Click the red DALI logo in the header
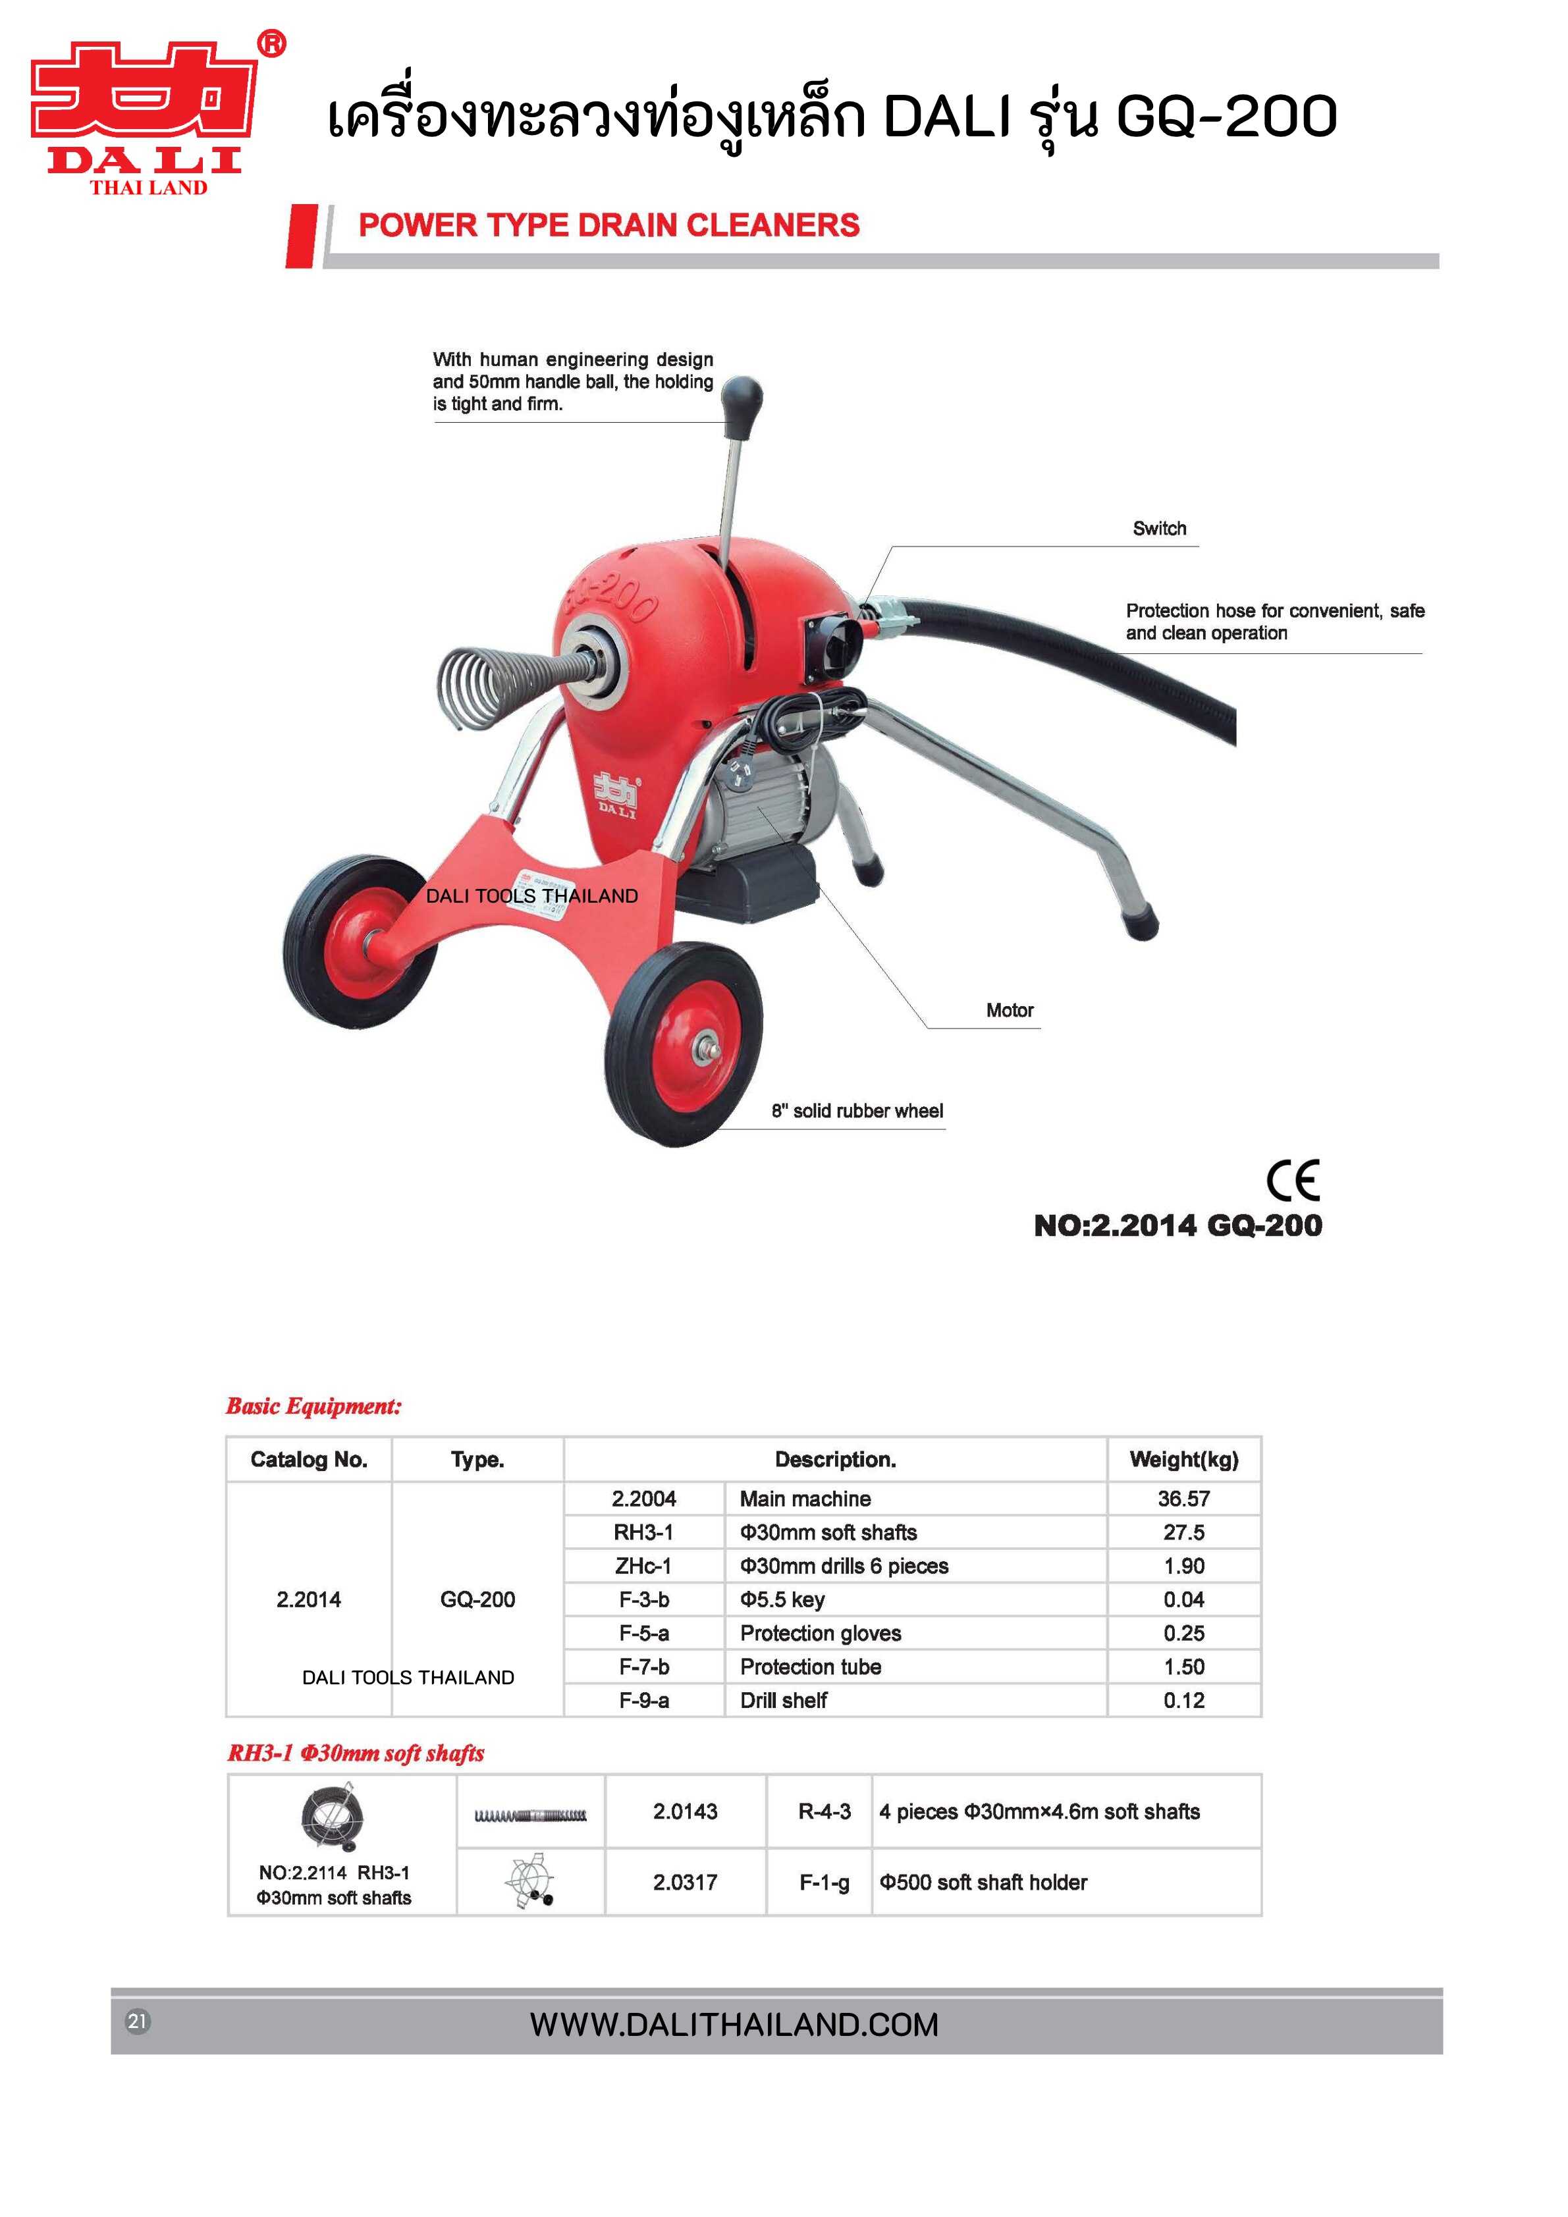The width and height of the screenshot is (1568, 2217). pos(145,114)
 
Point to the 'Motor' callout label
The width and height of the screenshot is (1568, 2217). pos(1009,1010)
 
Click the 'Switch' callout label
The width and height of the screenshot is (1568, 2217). pos(1158,528)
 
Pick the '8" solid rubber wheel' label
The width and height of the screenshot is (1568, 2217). pos(856,1110)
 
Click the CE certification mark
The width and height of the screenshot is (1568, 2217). pos(1292,1179)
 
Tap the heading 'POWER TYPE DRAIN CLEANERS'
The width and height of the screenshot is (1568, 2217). pos(608,225)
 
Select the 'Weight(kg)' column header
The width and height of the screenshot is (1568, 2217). pos(1183,1459)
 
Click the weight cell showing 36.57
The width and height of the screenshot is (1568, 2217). pos(1183,1499)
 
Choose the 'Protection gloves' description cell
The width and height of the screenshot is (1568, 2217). pos(820,1633)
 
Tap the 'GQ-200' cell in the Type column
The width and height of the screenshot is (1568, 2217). pos(477,1599)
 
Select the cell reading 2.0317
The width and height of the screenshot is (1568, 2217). pos(684,1882)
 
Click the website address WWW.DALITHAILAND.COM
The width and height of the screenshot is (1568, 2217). pos(734,2024)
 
